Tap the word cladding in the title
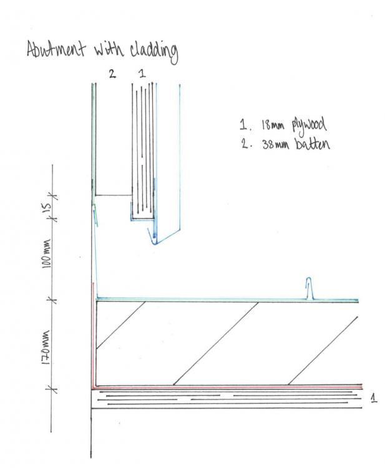154,52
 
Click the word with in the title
108,49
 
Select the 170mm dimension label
46,347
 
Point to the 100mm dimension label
47,253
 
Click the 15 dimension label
47,207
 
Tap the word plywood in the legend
309,125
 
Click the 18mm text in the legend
273,125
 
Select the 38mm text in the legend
275,145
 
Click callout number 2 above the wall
112,74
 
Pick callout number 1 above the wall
142,74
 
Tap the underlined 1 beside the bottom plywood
373,398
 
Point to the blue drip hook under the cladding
152,238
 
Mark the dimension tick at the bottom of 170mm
53,389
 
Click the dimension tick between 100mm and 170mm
53,300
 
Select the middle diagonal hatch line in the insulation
215,343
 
